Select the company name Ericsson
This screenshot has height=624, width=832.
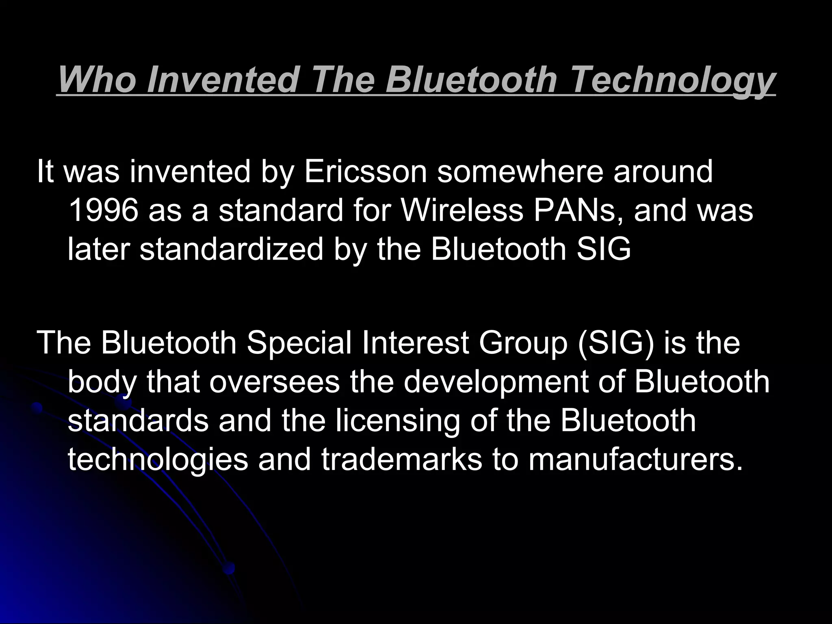point(366,171)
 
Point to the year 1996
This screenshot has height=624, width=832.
point(103,210)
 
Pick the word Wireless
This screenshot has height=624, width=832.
point(462,210)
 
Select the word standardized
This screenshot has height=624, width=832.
point(232,249)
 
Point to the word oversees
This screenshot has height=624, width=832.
point(275,382)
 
